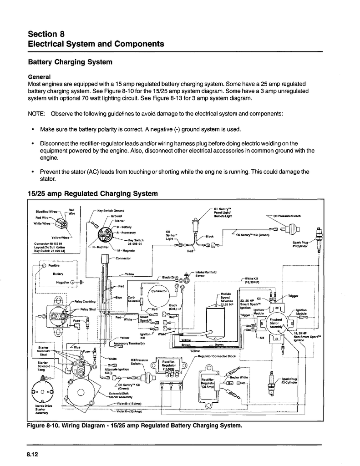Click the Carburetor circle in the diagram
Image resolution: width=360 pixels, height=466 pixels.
(158, 299)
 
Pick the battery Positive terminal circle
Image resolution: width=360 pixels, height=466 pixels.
(44, 265)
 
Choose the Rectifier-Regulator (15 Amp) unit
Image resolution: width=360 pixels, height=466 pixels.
(169, 366)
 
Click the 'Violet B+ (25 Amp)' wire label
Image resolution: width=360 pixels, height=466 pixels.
(129, 411)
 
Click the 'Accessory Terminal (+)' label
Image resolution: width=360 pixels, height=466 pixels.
(126, 343)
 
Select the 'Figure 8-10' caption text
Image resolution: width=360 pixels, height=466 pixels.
(132, 426)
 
